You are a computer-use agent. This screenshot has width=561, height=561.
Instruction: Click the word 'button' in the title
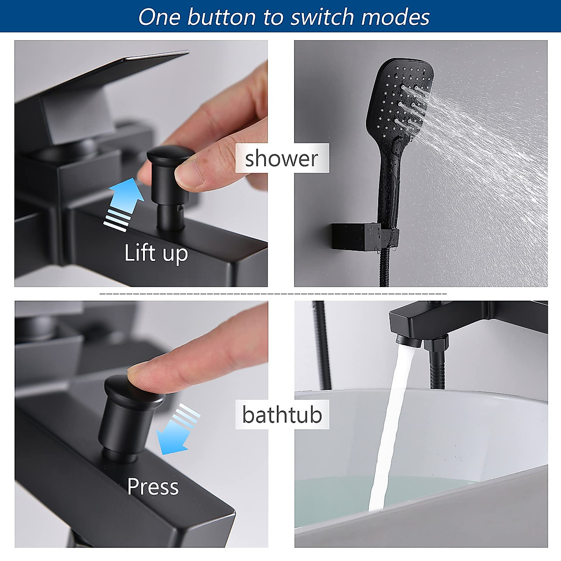click(222, 17)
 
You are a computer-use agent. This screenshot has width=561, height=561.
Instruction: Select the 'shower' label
click(281, 158)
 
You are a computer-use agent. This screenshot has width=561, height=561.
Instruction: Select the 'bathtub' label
click(282, 415)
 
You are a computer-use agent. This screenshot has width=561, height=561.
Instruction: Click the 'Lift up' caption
click(156, 253)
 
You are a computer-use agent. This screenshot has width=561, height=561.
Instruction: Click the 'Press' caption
click(153, 487)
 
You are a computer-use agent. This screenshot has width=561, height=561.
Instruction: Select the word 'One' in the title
click(159, 17)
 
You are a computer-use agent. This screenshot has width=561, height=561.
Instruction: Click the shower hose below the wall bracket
click(386, 271)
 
